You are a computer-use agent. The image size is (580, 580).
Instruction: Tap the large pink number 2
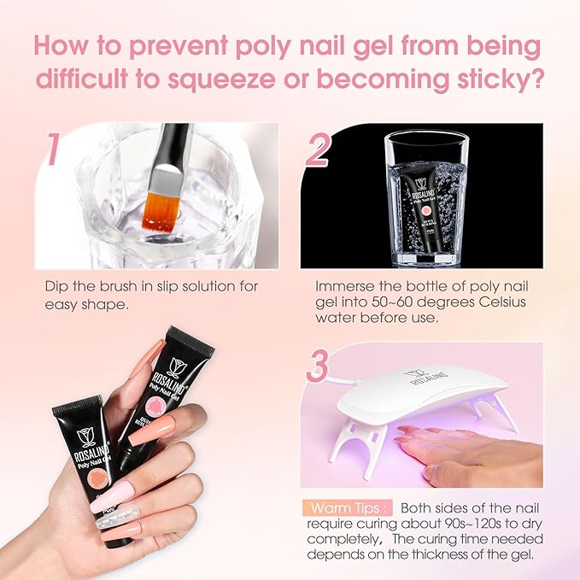(318, 150)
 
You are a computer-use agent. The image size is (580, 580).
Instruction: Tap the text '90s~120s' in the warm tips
(449, 522)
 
